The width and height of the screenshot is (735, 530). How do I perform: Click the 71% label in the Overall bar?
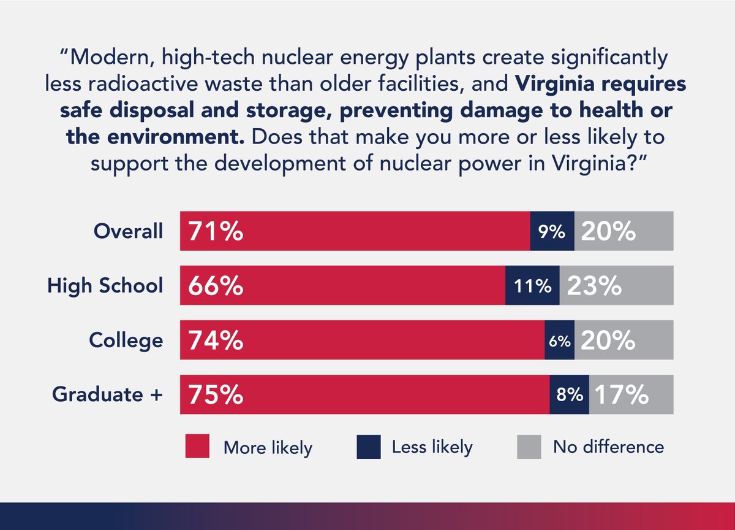point(216,231)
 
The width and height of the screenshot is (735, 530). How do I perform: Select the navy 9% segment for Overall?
point(552,231)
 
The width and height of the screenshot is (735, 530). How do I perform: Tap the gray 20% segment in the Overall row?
point(624,231)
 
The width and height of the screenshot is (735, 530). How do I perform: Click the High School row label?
point(106,286)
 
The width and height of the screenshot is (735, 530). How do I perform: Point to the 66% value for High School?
point(216,286)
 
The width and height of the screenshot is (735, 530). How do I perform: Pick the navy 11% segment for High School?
point(532,286)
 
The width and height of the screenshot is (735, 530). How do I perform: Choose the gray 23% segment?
point(616,286)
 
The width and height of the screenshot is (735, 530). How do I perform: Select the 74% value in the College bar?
point(216,340)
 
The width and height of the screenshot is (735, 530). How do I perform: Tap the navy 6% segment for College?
point(560,340)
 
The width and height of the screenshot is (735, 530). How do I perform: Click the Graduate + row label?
point(108,394)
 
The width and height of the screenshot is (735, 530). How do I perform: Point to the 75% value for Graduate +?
point(216,394)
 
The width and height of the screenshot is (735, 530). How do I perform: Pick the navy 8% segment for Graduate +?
point(569,394)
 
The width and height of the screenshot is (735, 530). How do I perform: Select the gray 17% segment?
point(631,394)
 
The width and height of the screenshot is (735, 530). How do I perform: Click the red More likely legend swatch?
point(197,447)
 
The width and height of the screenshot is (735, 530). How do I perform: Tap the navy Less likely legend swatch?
point(369,447)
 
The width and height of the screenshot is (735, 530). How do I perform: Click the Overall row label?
point(129,231)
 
